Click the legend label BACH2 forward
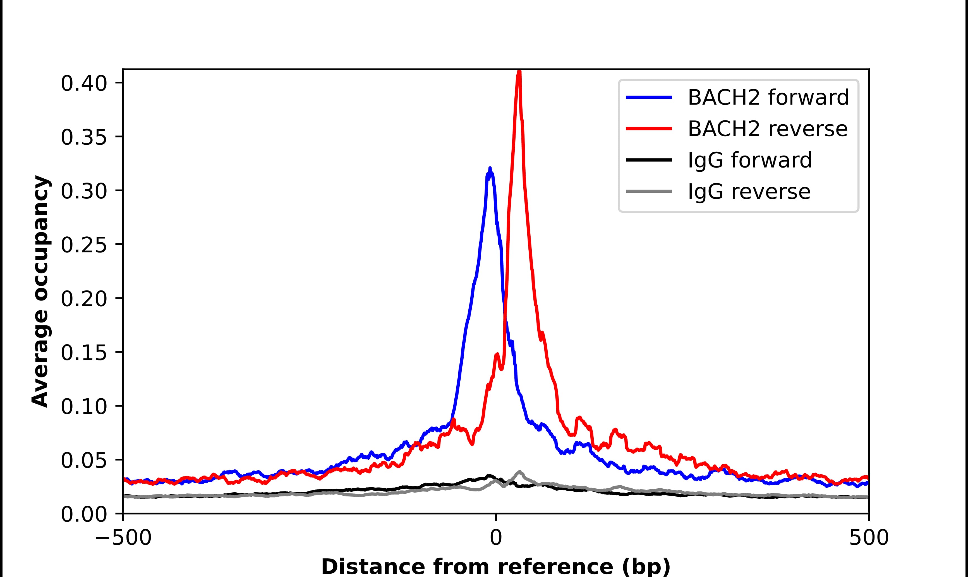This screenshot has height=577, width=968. click(x=768, y=97)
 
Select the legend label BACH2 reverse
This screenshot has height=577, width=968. click(x=767, y=129)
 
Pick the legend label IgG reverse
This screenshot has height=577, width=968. click(x=749, y=192)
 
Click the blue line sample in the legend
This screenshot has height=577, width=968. click(x=649, y=97)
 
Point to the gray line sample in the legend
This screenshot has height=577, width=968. click(x=649, y=191)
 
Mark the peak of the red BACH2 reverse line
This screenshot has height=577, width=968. click(x=519, y=71)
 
